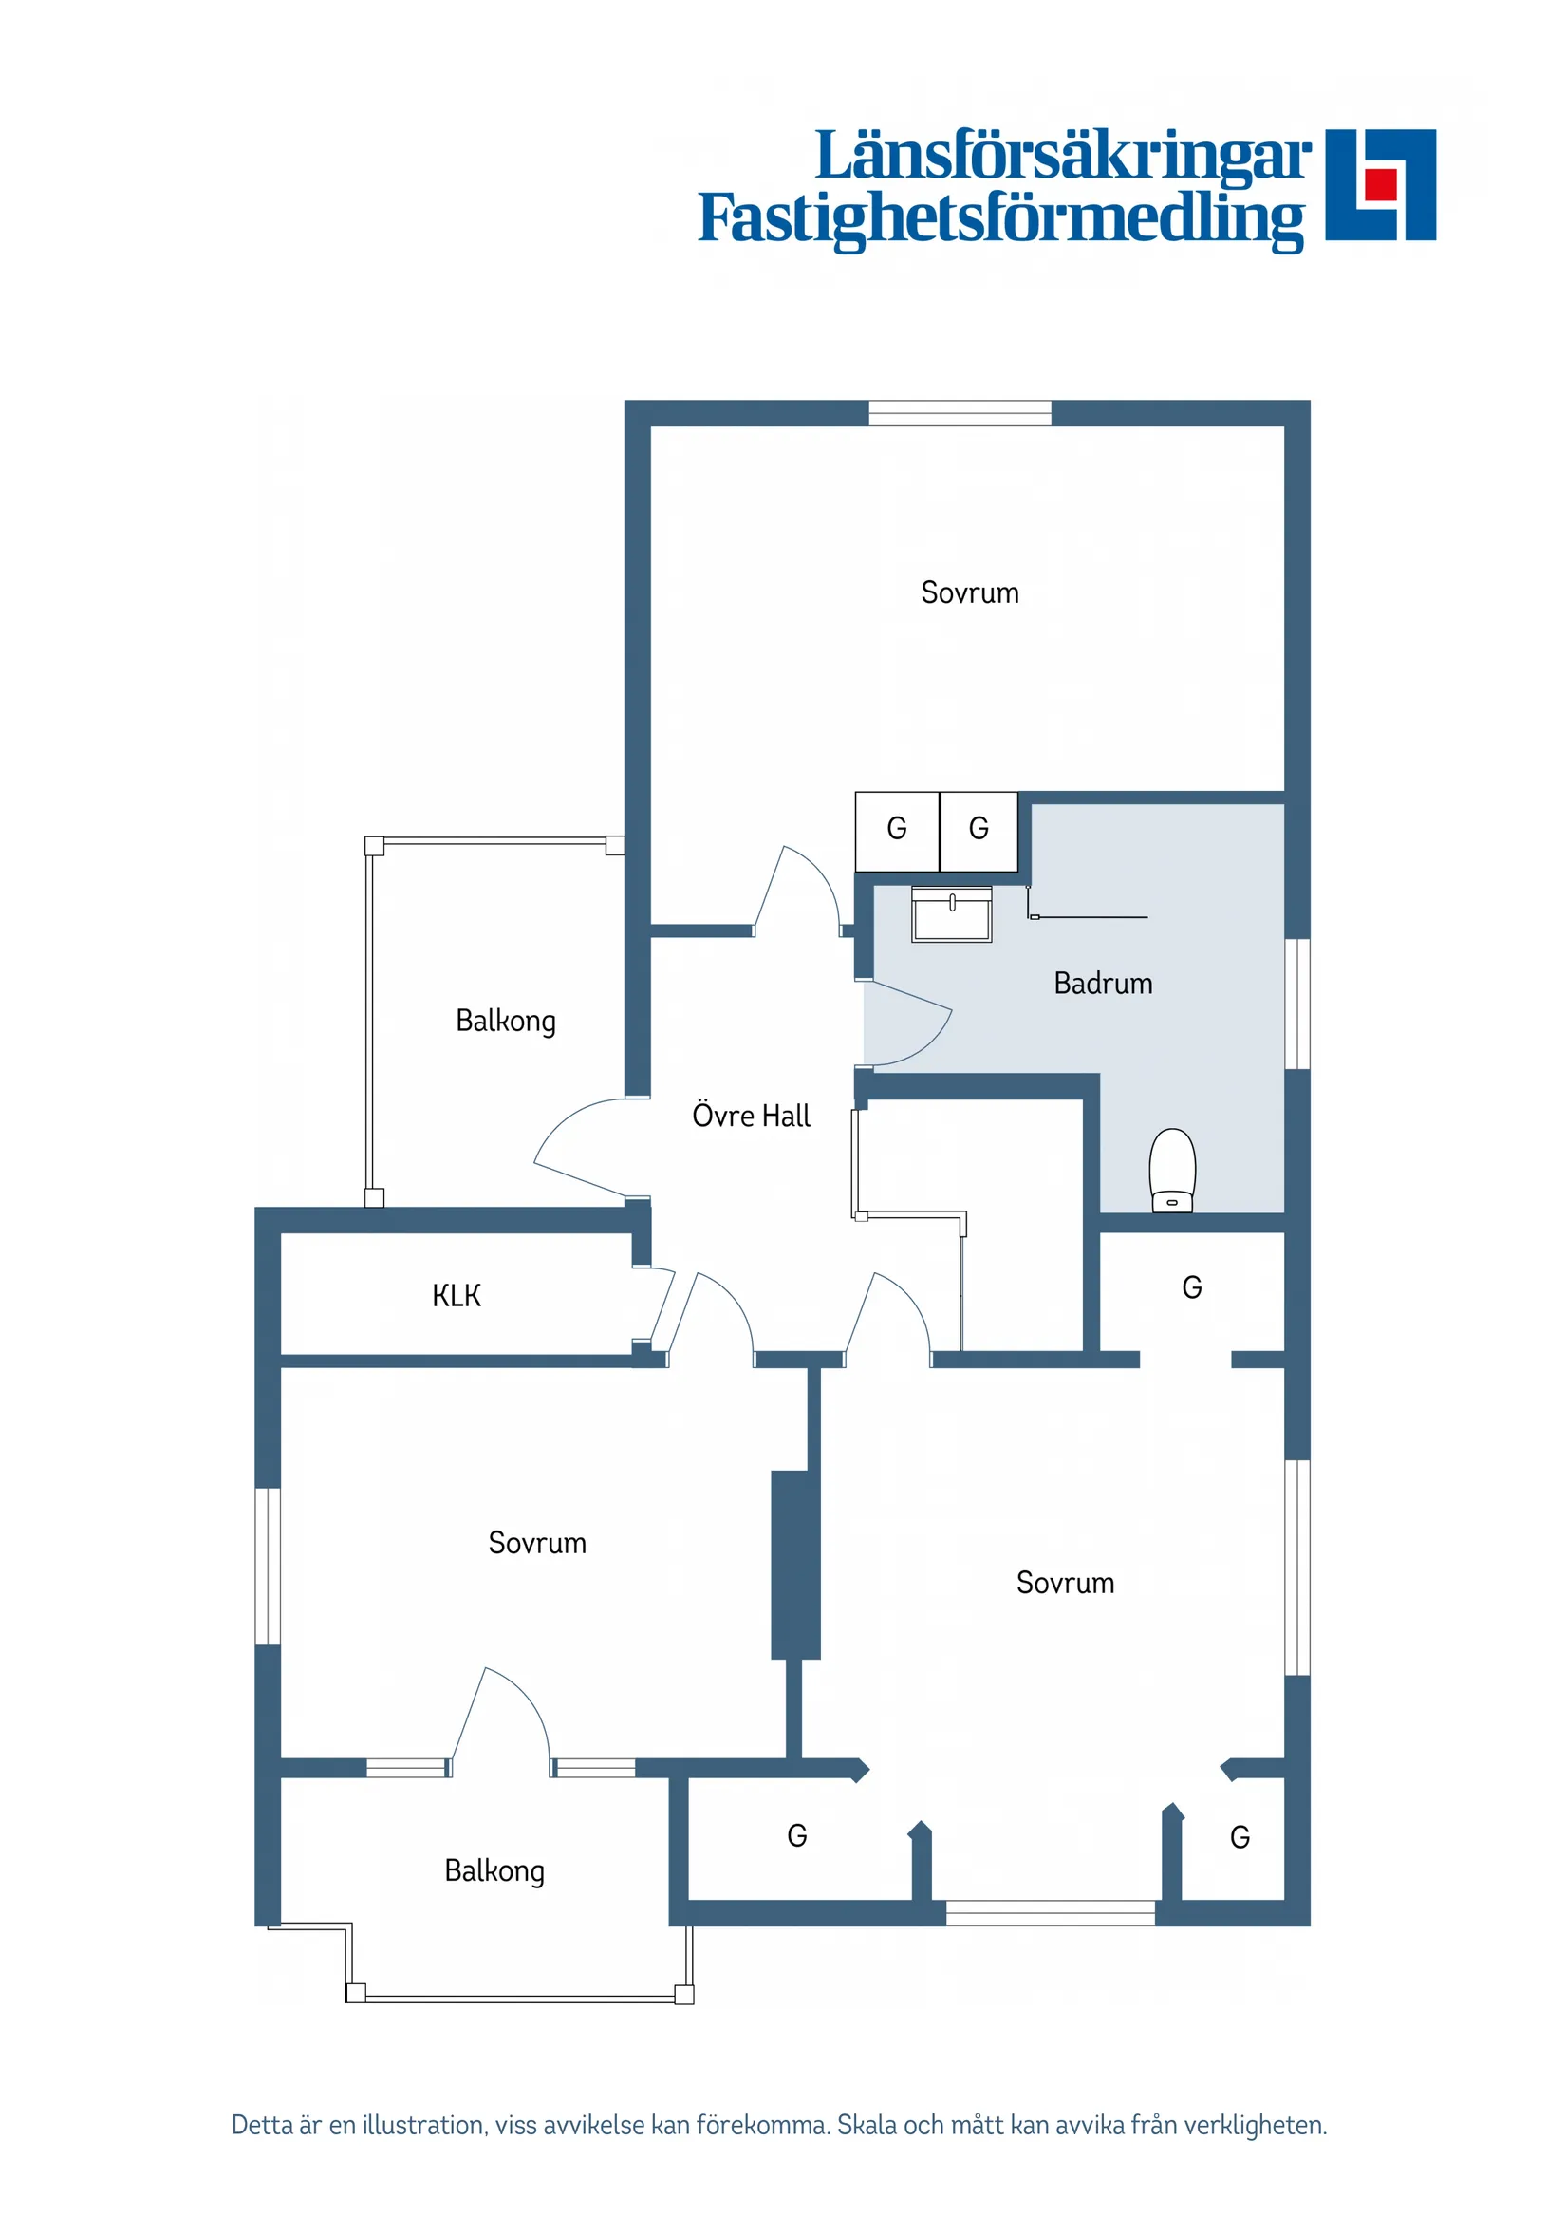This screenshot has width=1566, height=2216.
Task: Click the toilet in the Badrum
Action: coord(1171,1169)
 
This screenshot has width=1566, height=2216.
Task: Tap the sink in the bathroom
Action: coord(951,913)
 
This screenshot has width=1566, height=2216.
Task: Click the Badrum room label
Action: coord(1103,984)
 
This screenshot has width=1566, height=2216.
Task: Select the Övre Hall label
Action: coord(751,1116)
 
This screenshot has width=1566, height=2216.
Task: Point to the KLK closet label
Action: coord(456,1295)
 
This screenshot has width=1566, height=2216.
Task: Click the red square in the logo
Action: coord(1381,183)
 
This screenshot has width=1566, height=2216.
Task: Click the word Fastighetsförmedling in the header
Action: coord(1000,218)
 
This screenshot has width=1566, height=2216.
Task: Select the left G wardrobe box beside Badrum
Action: coord(896,829)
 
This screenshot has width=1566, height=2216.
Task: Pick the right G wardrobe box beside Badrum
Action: coord(979,829)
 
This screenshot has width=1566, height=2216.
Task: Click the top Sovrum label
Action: coord(969,592)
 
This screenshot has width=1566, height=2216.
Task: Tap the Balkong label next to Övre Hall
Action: coord(505,1022)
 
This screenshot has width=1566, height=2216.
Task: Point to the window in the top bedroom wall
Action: coord(960,413)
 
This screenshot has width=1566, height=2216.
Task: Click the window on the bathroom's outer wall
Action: coord(1296,1003)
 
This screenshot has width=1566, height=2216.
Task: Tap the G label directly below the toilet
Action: coord(1192,1287)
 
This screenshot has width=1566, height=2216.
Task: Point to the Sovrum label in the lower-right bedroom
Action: coord(1064,1583)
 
